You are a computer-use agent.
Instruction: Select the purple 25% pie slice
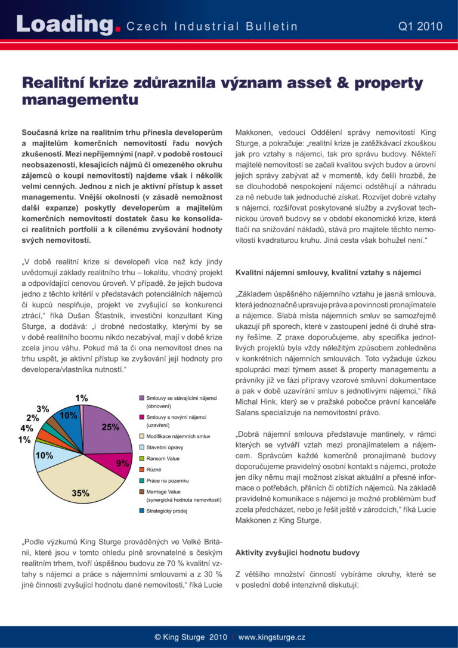[107, 427]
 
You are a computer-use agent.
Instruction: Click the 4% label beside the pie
[27, 428]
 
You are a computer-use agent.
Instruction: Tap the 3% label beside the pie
[43, 409]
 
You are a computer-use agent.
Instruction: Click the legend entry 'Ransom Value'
[162, 458]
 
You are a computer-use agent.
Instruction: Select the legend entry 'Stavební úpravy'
[164, 447]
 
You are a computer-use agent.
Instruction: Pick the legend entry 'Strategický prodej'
[168, 511]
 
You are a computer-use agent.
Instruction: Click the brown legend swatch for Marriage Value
[141, 492]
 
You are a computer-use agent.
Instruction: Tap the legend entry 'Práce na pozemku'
[167, 480]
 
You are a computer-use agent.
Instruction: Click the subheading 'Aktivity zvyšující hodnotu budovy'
[298, 553]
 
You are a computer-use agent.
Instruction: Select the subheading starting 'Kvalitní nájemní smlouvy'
[329, 272]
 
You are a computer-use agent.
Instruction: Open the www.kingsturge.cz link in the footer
[271, 637]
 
